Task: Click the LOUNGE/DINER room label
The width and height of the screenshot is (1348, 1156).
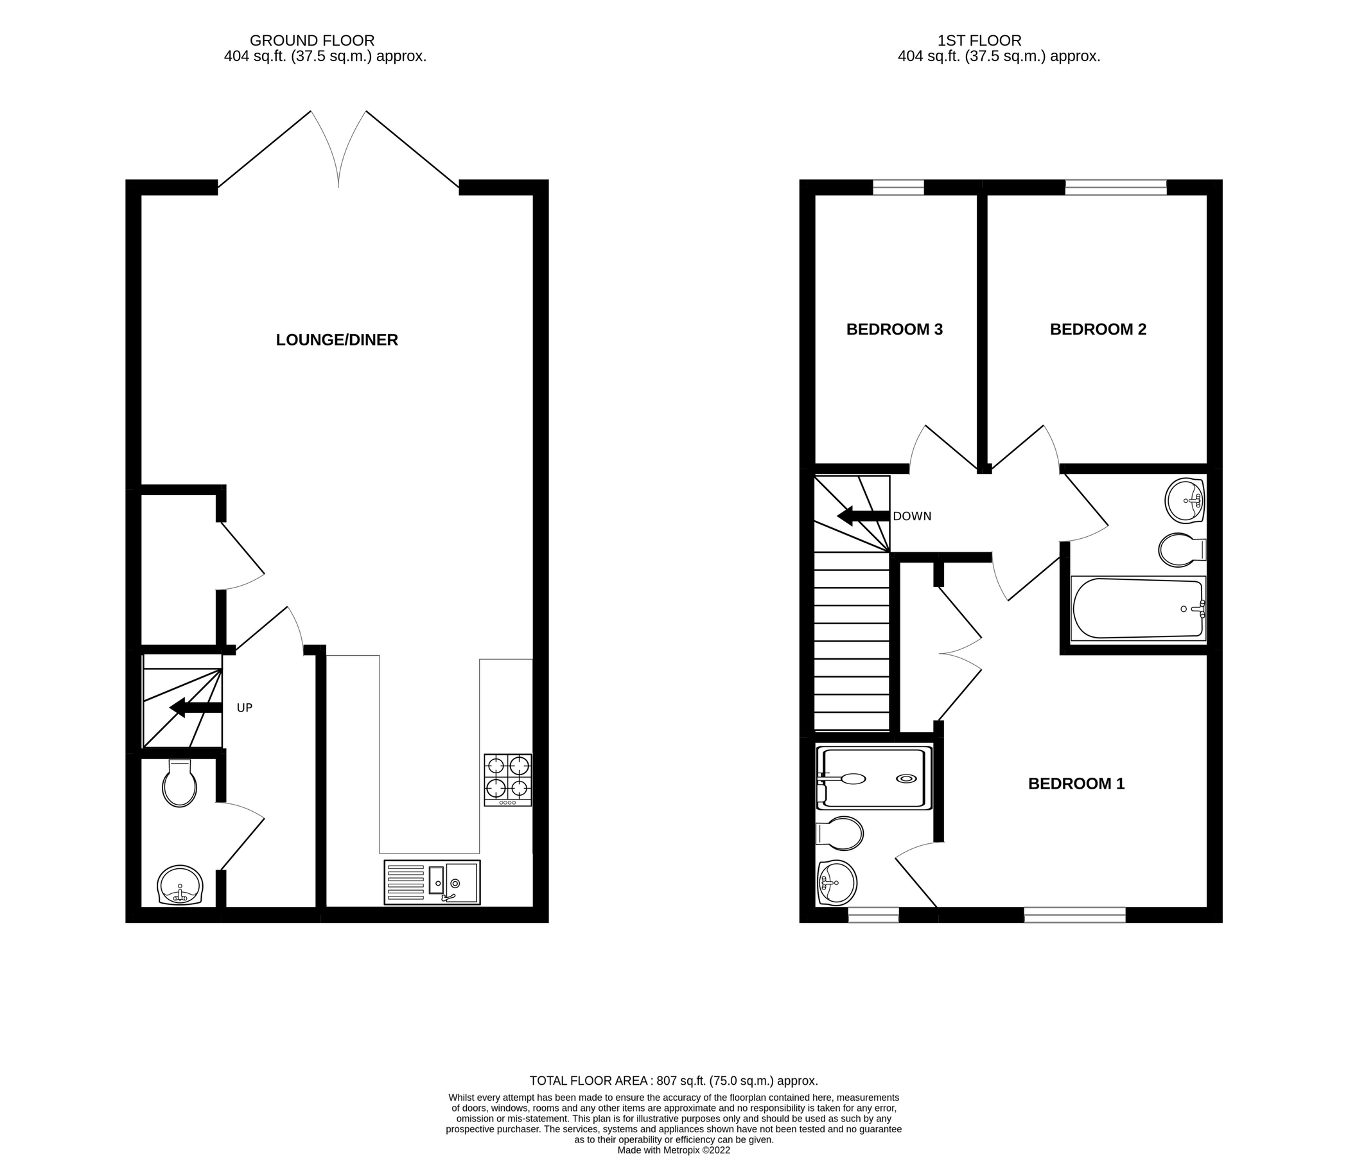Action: point(337,340)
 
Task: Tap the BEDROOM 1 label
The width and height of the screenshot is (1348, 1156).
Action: point(1076,784)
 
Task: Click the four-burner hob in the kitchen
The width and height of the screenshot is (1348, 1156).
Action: point(507,780)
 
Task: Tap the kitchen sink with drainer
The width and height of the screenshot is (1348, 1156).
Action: point(432,882)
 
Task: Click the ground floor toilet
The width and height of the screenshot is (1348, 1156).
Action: point(180,784)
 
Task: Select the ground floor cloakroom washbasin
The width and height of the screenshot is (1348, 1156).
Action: point(180,885)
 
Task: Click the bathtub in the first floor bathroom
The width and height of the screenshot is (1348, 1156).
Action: point(1137,608)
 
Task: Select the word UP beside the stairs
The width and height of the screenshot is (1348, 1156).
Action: point(244,708)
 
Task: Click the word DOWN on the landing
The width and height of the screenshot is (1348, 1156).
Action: point(911,516)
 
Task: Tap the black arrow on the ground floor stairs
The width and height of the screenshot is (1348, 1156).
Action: point(194,708)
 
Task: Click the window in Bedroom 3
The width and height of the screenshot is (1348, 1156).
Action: point(898,188)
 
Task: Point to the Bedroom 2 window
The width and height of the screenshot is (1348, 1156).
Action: point(1115,188)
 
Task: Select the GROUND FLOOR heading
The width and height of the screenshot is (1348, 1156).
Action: point(311,40)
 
